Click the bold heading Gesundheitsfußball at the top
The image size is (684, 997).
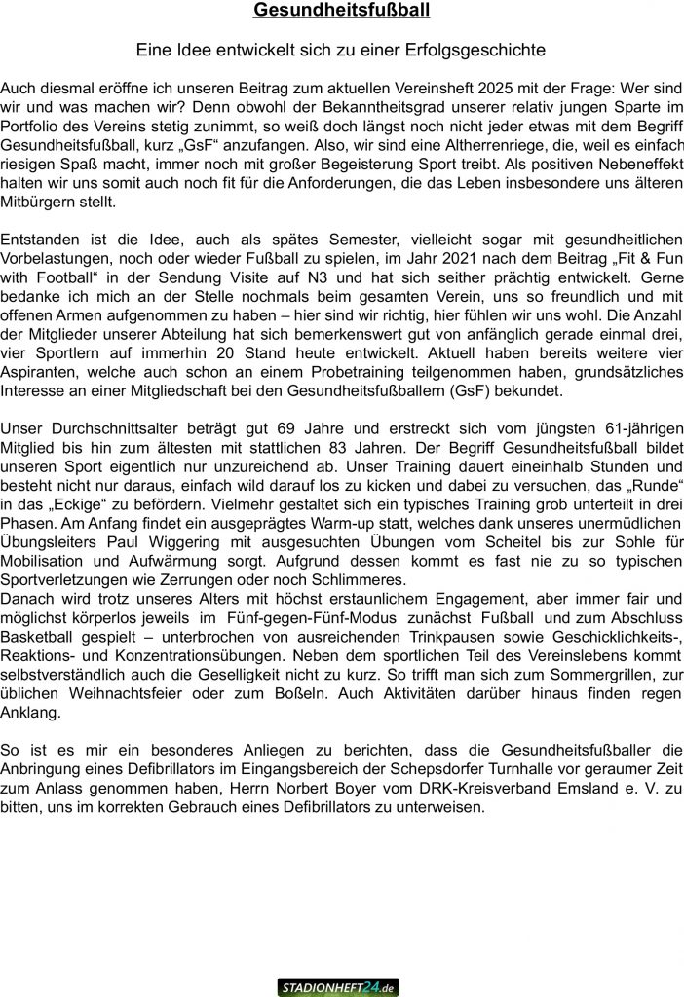click(x=341, y=11)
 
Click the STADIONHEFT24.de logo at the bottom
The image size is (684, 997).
click(x=337, y=987)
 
